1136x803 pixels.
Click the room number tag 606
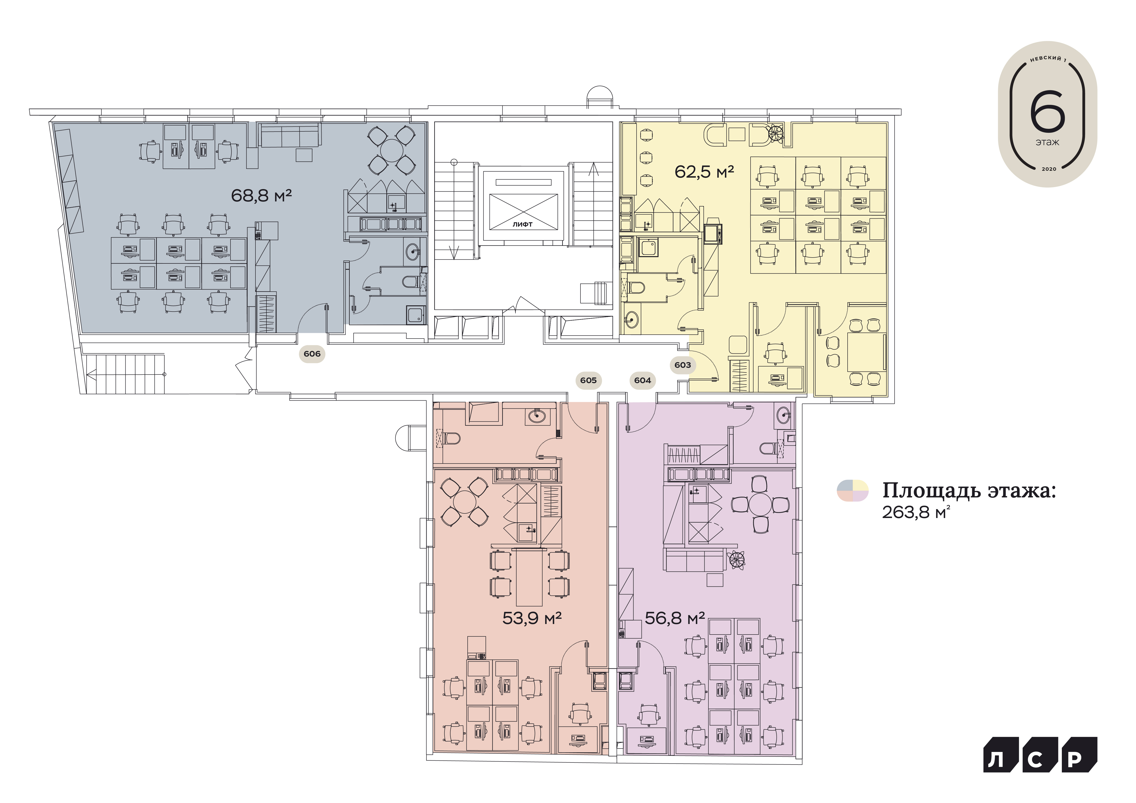(312, 354)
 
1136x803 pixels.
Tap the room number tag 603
(683, 365)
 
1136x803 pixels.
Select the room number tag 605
(588, 380)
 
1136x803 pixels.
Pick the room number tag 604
(643, 380)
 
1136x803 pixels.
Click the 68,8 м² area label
(261, 195)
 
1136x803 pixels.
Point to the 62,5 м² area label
(705, 172)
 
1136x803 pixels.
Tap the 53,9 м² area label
(532, 618)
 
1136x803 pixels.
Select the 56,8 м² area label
(675, 618)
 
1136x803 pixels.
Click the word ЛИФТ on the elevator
(523, 225)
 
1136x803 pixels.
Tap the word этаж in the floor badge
(1047, 142)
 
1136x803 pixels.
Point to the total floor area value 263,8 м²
(916, 512)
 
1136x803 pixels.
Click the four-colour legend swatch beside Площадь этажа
(852, 491)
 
